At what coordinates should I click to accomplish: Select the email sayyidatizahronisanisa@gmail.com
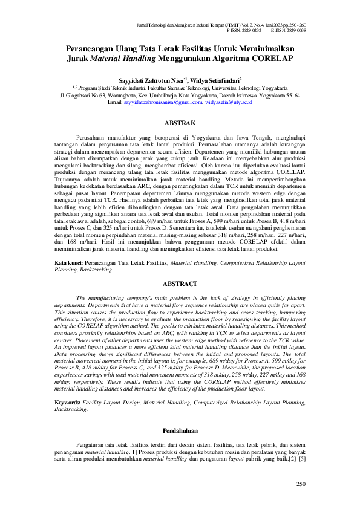point(163,103)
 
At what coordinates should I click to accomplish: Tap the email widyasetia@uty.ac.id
point(228,103)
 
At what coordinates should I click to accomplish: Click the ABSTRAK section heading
point(179,123)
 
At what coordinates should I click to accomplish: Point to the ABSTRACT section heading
point(179,284)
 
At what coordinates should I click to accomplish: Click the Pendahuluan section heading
point(179,430)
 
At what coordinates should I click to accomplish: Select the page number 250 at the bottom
point(301,484)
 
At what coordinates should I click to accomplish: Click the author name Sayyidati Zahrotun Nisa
point(148,79)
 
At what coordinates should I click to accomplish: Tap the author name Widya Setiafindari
point(214,79)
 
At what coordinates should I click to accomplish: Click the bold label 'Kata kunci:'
point(68,264)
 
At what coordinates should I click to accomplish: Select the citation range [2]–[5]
point(295,459)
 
